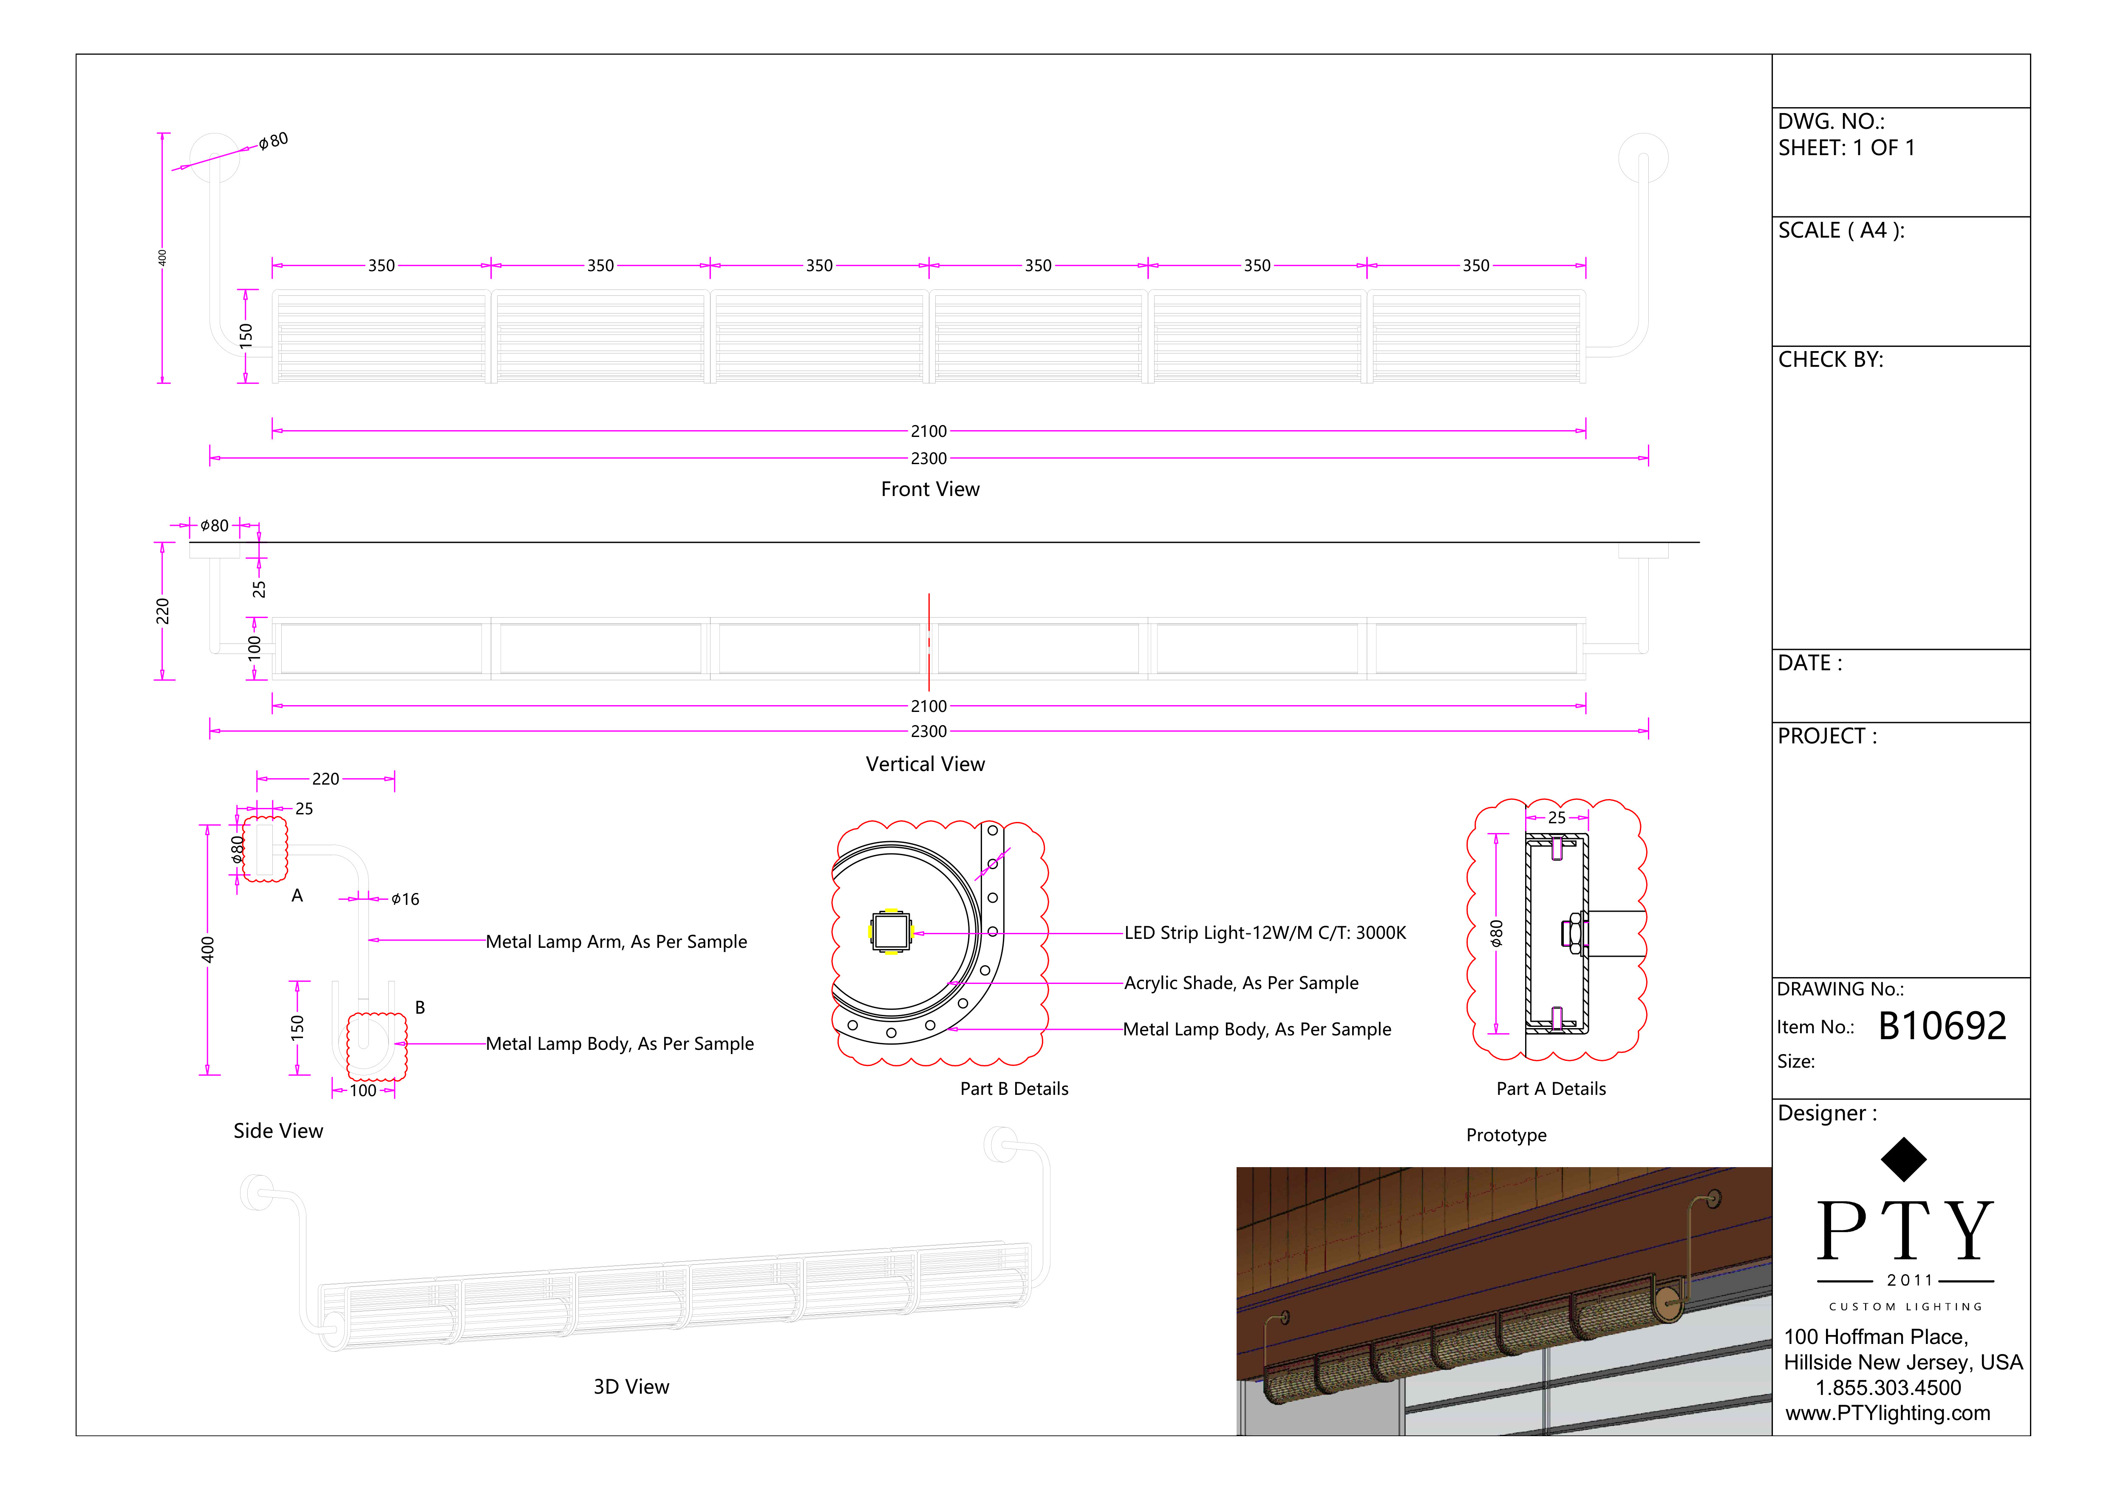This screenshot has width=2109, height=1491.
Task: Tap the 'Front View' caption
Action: (x=930, y=490)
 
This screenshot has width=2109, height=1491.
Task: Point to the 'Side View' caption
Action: (x=277, y=1131)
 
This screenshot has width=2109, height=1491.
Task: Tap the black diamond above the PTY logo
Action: (x=1903, y=1159)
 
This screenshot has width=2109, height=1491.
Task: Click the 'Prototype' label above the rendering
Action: (x=1506, y=1136)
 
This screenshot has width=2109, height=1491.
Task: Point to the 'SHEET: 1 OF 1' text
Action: (x=1846, y=148)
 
